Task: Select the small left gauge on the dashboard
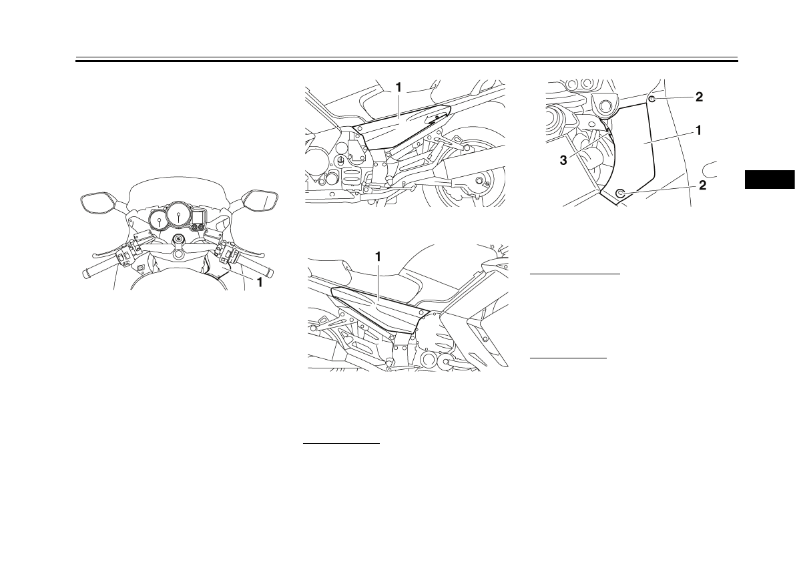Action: (159, 220)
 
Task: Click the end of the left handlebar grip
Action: (87, 274)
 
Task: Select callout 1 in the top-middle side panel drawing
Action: (398, 87)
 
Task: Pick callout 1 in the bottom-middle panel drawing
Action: (378, 256)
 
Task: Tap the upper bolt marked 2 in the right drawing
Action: (651, 98)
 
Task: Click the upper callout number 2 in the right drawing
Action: (699, 97)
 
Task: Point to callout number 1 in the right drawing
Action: (698, 131)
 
